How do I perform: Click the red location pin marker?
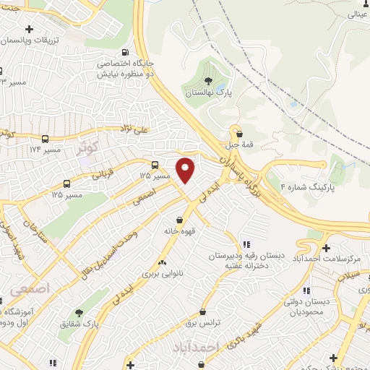tap(186, 170)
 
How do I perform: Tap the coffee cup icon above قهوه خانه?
tap(178, 220)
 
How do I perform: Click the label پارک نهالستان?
tap(207, 94)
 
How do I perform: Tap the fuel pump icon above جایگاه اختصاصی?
tap(126, 52)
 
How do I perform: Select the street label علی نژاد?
tap(134, 130)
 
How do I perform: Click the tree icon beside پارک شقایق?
tap(79, 313)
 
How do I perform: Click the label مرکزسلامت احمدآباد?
tap(334, 258)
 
